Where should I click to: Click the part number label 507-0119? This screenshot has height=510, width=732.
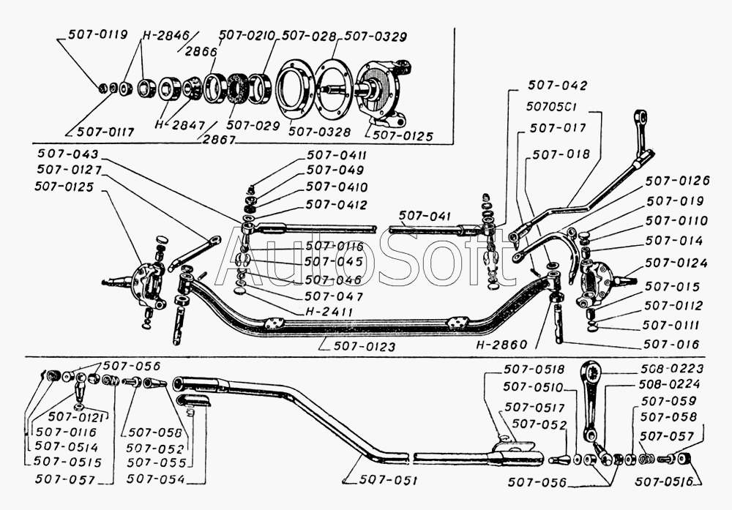coord(97,34)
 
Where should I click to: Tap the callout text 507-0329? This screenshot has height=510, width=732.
coord(375,36)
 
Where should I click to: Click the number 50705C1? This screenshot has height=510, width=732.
coord(553,106)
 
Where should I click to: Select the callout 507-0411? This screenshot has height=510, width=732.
coord(337,155)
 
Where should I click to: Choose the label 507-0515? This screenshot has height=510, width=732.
coord(67,462)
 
